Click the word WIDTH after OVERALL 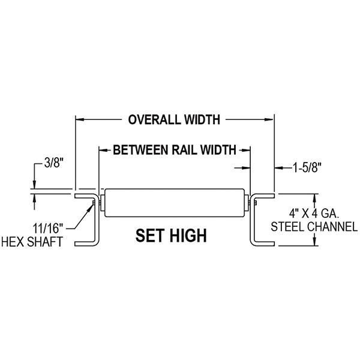(201, 119)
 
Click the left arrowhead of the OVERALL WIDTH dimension (78, 120)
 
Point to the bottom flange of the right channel (263, 244)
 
